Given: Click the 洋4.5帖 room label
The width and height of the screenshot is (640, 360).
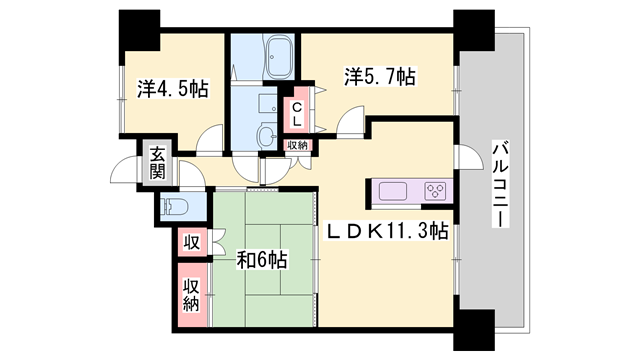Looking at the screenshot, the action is coord(173,89).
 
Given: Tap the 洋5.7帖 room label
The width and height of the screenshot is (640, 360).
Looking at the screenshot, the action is coord(380,76).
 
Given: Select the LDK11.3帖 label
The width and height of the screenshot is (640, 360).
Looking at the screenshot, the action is coord(387,231).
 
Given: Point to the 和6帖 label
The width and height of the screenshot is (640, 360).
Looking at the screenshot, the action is coord(262,260).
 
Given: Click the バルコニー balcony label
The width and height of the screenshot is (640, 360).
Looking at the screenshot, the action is coord(501,184).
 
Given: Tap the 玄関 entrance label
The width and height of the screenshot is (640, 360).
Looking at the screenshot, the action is coord(157,163).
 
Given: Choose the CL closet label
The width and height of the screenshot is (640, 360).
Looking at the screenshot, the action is coord(297,114).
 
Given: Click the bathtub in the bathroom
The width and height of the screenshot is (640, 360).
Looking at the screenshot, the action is coord(279,57).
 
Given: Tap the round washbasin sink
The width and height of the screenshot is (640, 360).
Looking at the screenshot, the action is coord(266,134).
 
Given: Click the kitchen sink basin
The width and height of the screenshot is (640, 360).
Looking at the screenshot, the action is coord(393,191).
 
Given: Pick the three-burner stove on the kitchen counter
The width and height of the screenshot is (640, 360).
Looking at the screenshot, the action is coord(436,191).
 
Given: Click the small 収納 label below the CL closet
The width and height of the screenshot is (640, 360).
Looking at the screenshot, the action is coord(297,145).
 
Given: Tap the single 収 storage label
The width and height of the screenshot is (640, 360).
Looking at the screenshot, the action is coord(191,242).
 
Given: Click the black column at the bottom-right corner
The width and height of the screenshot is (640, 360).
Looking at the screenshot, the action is coord(474,329).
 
